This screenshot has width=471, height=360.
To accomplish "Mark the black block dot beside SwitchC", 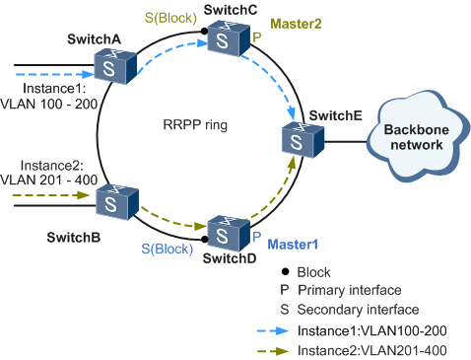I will [x=205, y=32].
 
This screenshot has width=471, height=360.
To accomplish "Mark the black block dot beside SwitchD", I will [x=205, y=234].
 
